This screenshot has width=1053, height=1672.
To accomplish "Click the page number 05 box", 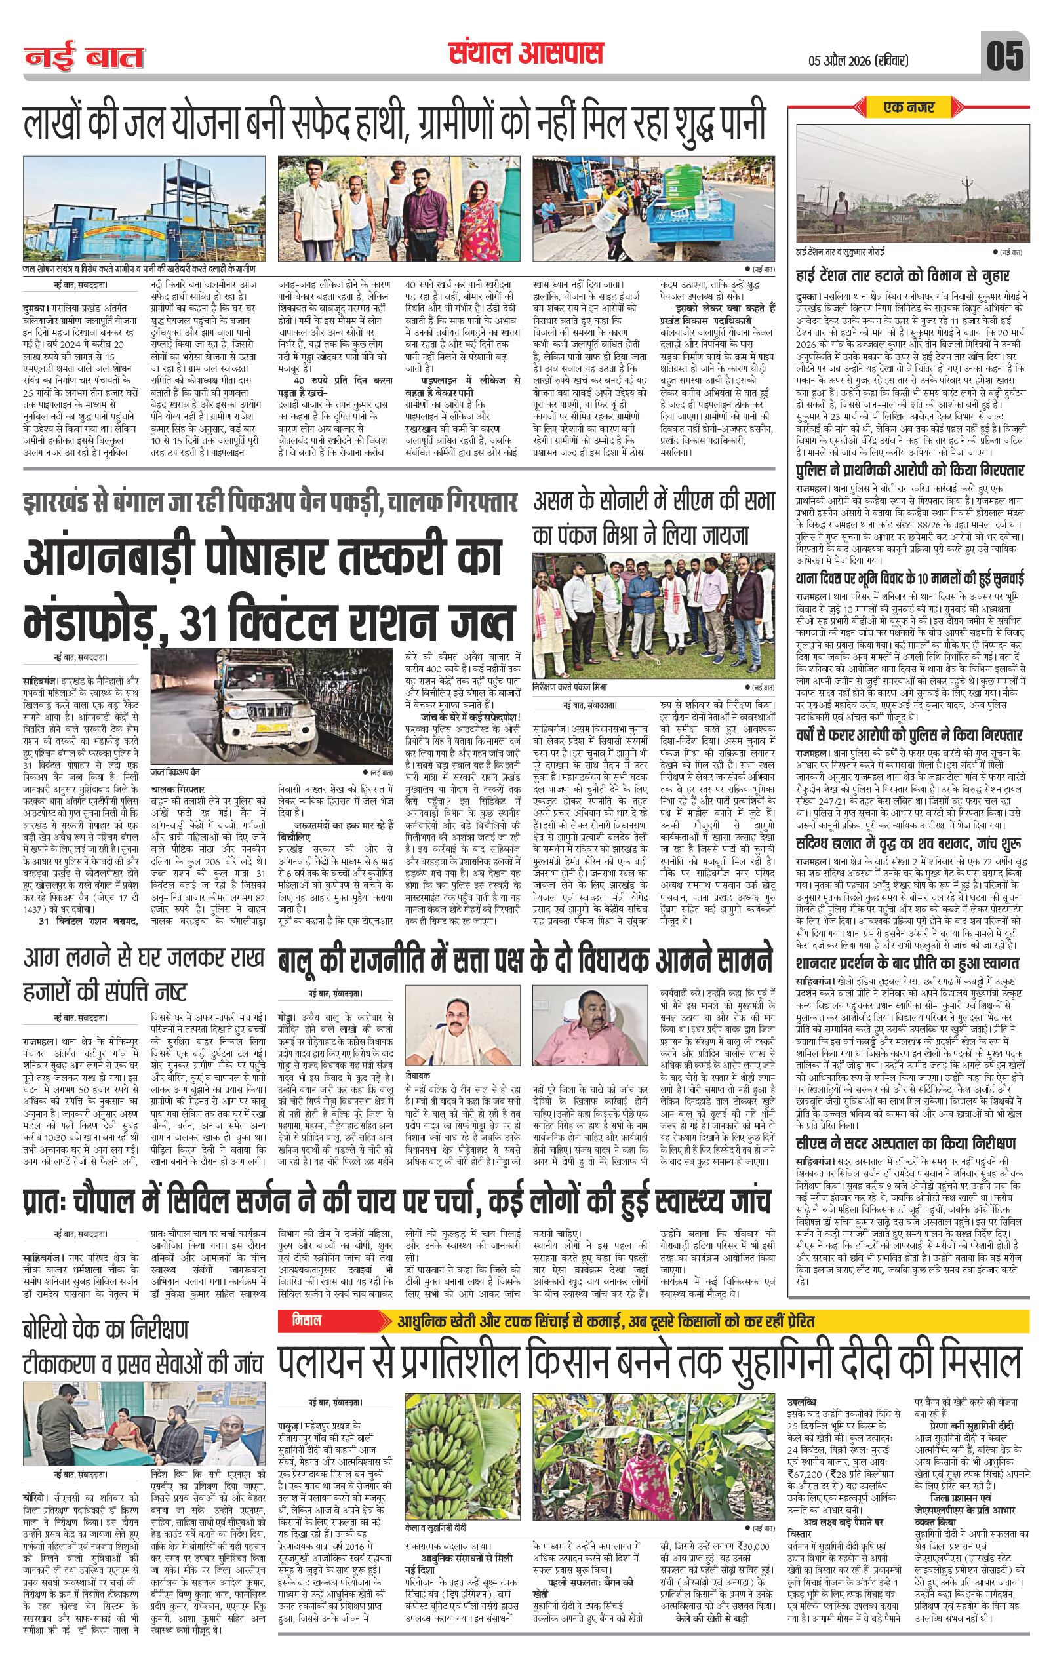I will click(x=1005, y=56).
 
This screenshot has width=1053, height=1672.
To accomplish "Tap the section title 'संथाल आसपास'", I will click(x=525, y=54).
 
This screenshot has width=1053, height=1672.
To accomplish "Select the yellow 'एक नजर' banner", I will click(x=909, y=107).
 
